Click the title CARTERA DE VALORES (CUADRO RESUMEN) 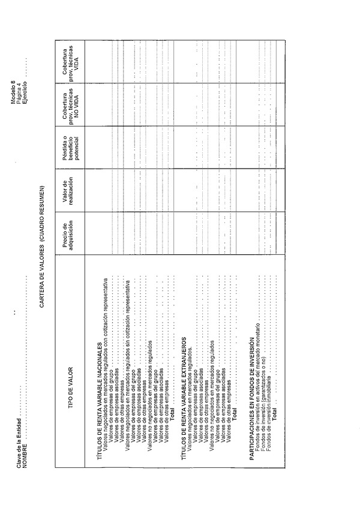point(43,245)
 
